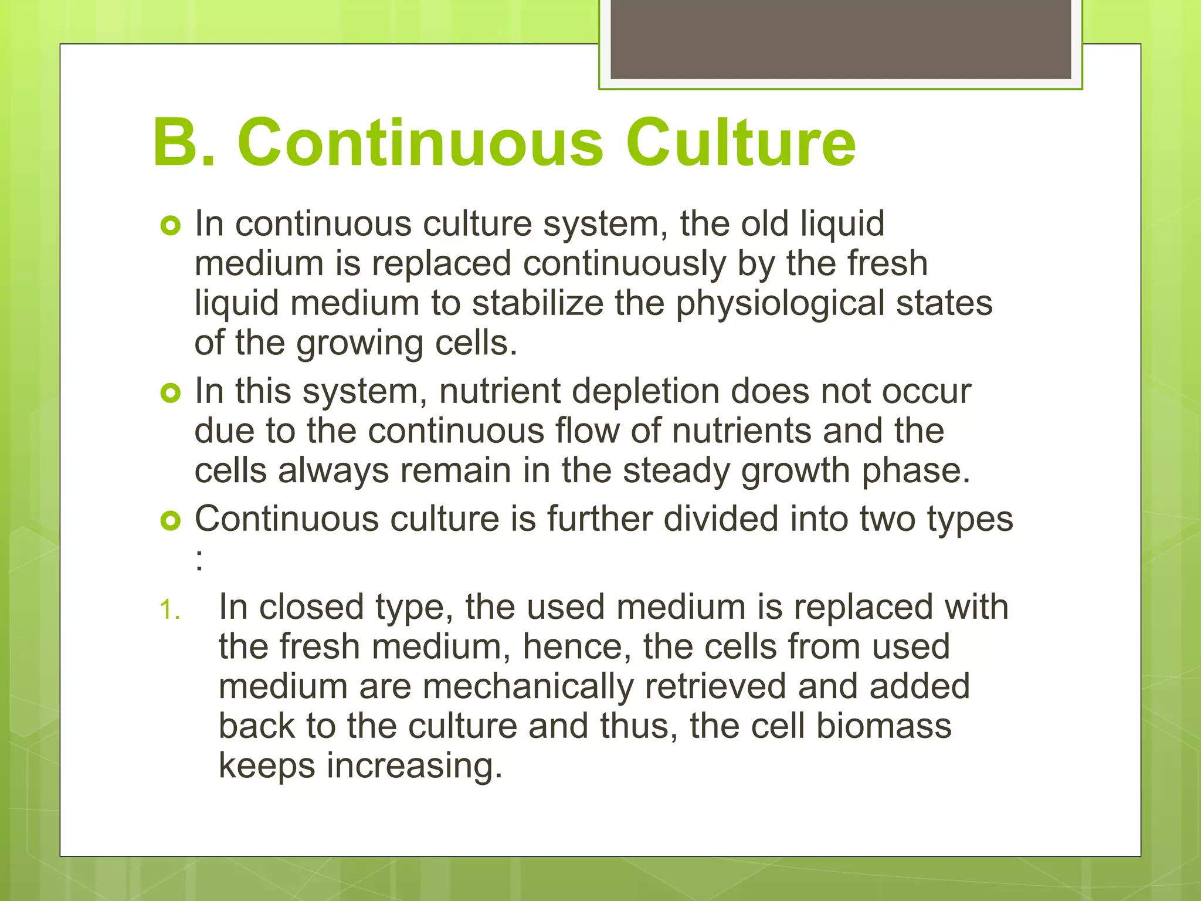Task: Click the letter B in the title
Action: point(175,143)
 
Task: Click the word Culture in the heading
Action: point(741,143)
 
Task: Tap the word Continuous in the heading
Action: point(420,143)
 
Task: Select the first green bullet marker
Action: point(170,226)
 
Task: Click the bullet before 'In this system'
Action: point(170,394)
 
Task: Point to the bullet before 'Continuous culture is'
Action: point(170,520)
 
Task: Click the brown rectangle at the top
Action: point(841,39)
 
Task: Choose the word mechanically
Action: point(528,687)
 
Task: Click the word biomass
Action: point(884,726)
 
